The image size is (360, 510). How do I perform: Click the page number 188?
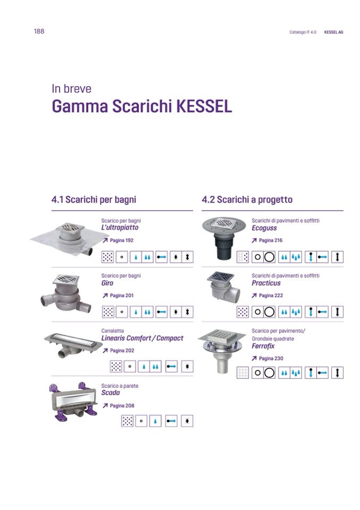pos(39,31)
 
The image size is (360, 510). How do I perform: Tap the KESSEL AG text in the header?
pos(333,32)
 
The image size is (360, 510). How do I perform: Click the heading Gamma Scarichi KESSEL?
pos(142,106)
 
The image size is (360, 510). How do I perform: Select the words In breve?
pos(72,88)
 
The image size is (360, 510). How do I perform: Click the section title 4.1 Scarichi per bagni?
pos(94,199)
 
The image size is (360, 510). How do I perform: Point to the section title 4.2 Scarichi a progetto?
pos(247,199)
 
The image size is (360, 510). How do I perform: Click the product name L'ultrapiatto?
pos(120,228)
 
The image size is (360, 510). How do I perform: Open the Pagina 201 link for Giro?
pos(118,295)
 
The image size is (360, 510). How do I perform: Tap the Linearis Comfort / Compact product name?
pos(143,338)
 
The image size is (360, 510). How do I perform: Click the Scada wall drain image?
pos(73,402)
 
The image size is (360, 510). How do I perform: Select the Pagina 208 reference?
pos(119,406)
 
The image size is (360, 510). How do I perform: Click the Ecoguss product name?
pos(264,228)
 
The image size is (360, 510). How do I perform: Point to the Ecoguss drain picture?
pos(223,238)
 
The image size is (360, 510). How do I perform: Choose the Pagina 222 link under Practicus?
pos(267,295)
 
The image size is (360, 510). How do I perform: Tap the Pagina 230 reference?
pos(267,358)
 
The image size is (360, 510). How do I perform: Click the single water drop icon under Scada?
pos(155,421)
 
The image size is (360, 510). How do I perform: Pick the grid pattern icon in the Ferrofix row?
pos(242,373)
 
